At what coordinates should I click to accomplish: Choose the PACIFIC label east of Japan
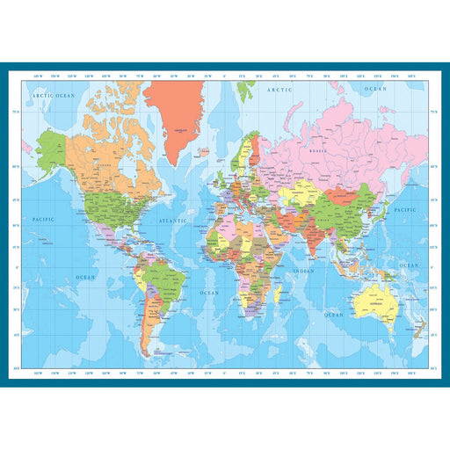[405, 211]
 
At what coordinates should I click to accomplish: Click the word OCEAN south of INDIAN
[334, 313]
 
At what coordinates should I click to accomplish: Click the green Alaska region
[52, 149]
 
